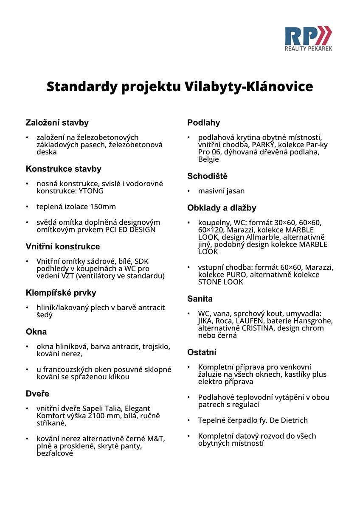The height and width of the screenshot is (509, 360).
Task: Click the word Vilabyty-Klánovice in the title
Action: (x=249, y=87)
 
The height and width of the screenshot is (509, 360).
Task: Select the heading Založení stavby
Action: (x=57, y=123)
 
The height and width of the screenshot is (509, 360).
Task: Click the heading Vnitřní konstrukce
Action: (x=63, y=246)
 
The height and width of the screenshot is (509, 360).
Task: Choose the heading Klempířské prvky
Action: (x=61, y=293)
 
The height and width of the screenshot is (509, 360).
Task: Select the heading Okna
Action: (x=36, y=332)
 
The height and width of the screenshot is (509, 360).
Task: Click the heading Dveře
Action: (x=37, y=394)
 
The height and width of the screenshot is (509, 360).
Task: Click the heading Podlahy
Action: (x=203, y=123)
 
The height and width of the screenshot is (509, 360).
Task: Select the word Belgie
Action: (x=208, y=159)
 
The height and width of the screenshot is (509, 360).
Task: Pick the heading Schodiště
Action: (x=207, y=176)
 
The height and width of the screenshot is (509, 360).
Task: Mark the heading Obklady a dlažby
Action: (x=222, y=208)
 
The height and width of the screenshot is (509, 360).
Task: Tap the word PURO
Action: (x=237, y=275)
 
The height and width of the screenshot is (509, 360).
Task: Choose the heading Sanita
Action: (x=200, y=299)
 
